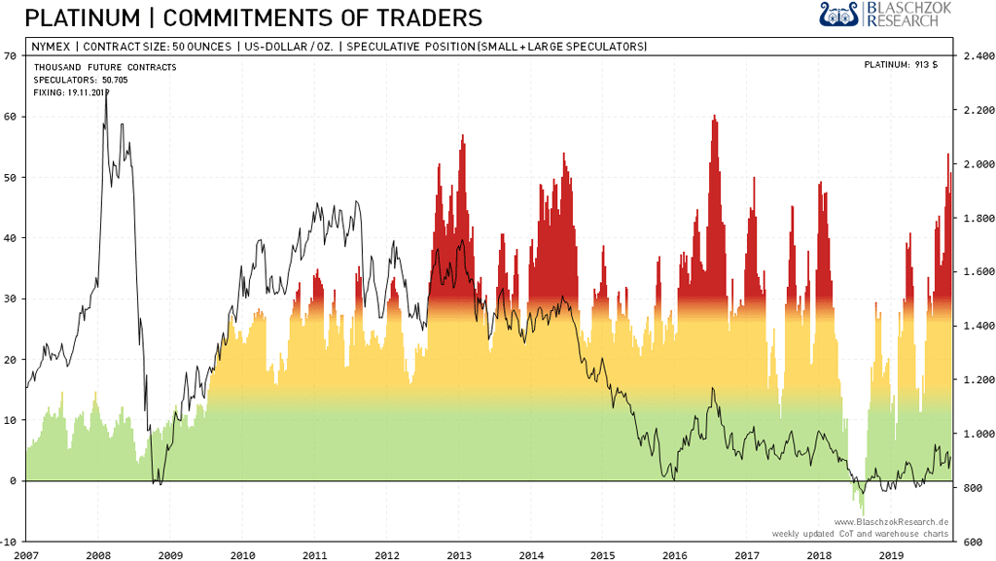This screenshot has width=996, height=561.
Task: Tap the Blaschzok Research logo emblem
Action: coord(839,15)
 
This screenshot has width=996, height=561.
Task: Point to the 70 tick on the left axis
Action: coord(11,55)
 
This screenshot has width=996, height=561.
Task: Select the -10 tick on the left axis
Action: coord(9,541)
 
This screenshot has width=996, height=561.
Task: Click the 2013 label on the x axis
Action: coord(459,554)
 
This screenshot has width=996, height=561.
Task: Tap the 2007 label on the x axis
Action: coord(26,554)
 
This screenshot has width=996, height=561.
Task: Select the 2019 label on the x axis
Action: coord(891,554)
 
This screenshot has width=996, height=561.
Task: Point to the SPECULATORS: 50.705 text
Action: coord(81,80)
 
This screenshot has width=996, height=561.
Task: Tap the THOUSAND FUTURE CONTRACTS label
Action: coord(105,67)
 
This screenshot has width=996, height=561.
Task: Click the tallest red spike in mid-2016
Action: coord(714,118)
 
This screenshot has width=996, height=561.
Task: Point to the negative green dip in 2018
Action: coord(862,508)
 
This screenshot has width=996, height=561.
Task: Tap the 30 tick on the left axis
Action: coord(11,298)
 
